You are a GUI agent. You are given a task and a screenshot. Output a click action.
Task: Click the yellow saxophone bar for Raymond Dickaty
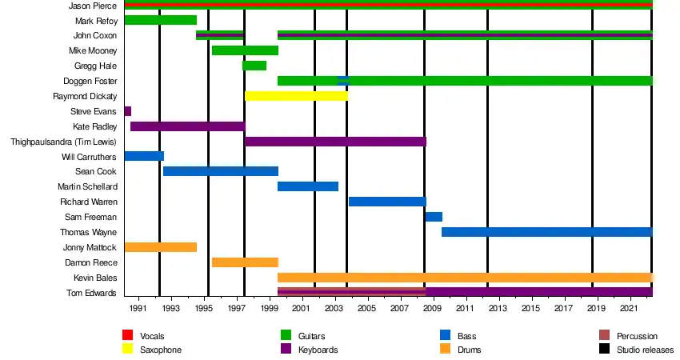[x=296, y=96]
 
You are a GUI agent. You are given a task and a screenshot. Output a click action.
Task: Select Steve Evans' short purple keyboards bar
[x=127, y=111]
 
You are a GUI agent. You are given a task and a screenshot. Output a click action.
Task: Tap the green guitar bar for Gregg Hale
[x=254, y=66]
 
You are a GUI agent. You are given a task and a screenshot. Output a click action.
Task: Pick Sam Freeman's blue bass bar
[x=434, y=217]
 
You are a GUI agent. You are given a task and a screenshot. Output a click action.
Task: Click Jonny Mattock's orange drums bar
[x=160, y=247]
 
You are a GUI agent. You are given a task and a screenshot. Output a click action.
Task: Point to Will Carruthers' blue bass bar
[x=144, y=156]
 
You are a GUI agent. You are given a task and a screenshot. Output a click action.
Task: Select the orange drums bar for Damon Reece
[x=245, y=262]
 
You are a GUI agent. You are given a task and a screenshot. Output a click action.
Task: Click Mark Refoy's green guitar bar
[x=160, y=20]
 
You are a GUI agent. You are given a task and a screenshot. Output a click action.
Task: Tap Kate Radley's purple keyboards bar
[x=187, y=126]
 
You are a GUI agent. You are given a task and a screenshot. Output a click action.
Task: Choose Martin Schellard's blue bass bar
[x=308, y=186]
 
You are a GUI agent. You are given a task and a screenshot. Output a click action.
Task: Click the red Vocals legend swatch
[x=127, y=336]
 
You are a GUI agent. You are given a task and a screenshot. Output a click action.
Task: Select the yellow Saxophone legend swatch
[x=127, y=350]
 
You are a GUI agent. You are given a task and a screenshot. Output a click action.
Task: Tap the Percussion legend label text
[x=638, y=336]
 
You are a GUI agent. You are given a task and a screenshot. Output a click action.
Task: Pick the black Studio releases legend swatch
[x=604, y=350]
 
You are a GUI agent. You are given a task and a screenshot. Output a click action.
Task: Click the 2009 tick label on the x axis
[x=432, y=308]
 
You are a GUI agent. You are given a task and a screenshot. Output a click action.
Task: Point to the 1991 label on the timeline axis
[x=138, y=308]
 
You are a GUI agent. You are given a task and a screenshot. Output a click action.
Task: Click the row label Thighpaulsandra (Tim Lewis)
[x=63, y=142]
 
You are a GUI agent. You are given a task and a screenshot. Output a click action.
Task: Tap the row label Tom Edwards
[x=94, y=293]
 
